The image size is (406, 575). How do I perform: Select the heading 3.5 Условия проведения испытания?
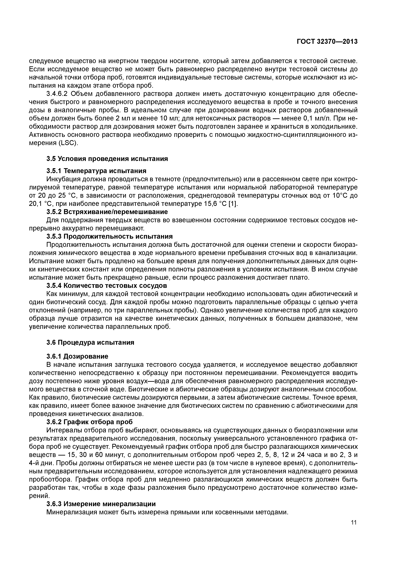pyautogui.click(x=107, y=159)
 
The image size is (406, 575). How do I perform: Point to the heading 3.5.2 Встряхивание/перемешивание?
pyautogui.click(x=107, y=212)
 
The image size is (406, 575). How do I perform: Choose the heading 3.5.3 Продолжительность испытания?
pyautogui.click(x=110, y=236)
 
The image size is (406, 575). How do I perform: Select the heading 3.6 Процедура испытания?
pyautogui.click(x=90, y=342)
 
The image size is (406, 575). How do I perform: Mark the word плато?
pyautogui.click(x=301, y=278)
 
